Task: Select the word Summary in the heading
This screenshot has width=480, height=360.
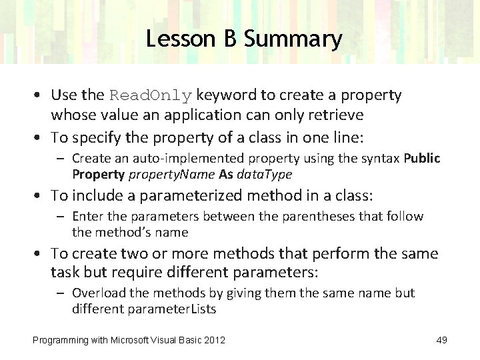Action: point(293,39)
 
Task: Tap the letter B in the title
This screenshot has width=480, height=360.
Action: point(229,39)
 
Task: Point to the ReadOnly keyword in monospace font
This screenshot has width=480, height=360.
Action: point(151,95)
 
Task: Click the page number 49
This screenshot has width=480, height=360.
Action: point(441,341)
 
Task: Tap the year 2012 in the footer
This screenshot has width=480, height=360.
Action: point(213,341)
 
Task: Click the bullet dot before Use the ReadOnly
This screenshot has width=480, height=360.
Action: point(41,95)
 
